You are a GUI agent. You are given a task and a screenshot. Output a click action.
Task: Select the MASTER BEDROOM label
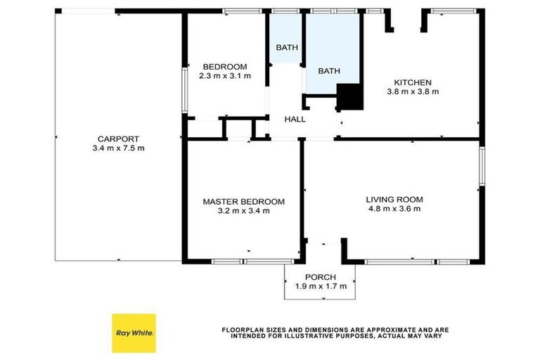243,202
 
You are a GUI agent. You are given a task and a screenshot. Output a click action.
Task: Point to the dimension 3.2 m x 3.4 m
243,211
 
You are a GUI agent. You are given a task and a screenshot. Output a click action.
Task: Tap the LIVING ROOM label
394,199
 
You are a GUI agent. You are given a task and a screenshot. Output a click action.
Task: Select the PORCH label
320,276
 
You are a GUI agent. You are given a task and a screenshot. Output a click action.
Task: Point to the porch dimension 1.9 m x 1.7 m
320,286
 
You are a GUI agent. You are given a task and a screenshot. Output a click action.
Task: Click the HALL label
295,120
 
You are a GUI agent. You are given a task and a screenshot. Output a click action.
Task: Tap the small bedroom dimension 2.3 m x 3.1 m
226,76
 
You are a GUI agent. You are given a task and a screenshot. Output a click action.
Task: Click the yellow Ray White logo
134,333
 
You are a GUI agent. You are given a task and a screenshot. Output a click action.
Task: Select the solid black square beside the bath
349,96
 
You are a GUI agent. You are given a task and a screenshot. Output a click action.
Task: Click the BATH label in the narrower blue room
286,48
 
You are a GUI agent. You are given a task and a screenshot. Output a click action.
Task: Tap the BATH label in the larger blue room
328,71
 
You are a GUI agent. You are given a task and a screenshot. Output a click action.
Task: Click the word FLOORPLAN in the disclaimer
243,329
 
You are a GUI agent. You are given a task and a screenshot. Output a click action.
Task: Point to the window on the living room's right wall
482,166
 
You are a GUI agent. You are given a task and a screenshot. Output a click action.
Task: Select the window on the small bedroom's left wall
184,89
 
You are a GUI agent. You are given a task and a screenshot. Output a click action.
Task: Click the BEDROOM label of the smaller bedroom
225,67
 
